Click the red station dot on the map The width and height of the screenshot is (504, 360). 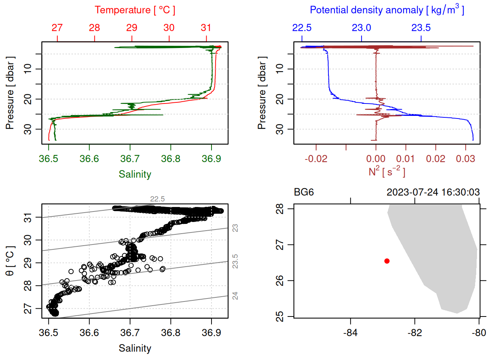(387, 261)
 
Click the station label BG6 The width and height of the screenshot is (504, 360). (304, 192)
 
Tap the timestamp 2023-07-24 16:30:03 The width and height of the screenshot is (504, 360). (433, 192)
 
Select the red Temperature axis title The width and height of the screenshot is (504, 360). (135, 10)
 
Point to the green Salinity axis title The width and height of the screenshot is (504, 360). (135, 174)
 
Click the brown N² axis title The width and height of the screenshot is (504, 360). (387, 172)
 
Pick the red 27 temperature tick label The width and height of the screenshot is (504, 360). (57, 28)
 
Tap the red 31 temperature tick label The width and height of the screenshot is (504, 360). (206, 28)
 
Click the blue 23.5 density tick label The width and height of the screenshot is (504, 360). (421, 28)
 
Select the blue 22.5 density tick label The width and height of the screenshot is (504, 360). (302, 28)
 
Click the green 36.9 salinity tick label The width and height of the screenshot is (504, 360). (211, 159)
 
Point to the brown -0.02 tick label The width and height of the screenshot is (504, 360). (316, 159)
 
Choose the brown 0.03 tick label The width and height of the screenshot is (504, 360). (465, 159)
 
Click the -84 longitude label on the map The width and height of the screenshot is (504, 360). (350, 333)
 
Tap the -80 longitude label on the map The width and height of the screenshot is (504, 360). (479, 333)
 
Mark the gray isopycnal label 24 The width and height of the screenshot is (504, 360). (235, 296)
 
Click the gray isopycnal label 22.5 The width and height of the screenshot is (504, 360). (157, 199)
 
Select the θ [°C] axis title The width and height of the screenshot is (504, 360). (10, 261)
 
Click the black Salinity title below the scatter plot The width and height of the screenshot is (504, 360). (135, 348)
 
